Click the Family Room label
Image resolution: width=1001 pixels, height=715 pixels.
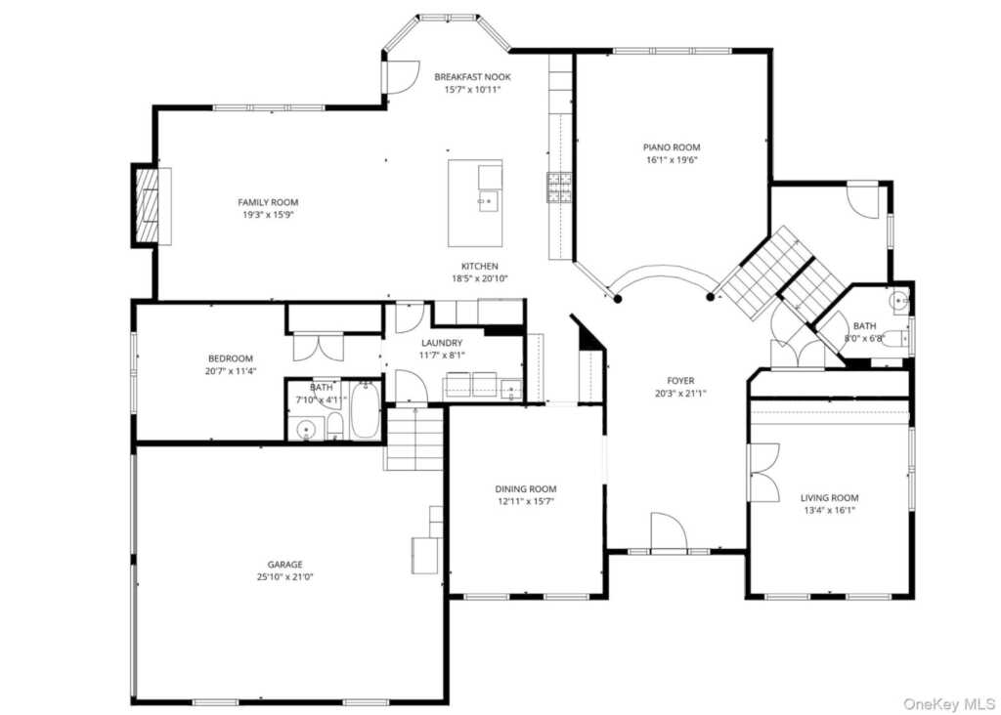(268, 202)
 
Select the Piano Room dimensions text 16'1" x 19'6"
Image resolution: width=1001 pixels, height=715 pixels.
(672, 160)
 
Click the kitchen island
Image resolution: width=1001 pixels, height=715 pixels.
(475, 203)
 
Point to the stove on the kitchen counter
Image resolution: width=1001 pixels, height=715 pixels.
(559, 187)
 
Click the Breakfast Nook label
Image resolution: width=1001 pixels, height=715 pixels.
(472, 76)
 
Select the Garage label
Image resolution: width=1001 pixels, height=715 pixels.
(284, 564)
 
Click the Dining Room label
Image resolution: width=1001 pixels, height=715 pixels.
(525, 489)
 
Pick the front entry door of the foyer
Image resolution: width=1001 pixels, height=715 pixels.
(669, 533)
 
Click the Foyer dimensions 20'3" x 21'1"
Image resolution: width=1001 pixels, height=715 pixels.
(680, 394)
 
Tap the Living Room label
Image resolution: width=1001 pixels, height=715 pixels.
(829, 497)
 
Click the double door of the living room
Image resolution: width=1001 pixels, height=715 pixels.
(762, 473)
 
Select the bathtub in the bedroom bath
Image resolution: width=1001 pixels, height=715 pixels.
(365, 412)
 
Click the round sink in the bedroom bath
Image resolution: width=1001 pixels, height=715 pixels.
(309, 428)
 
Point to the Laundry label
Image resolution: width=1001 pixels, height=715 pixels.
(442, 343)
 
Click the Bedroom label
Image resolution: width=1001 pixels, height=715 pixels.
(230, 358)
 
